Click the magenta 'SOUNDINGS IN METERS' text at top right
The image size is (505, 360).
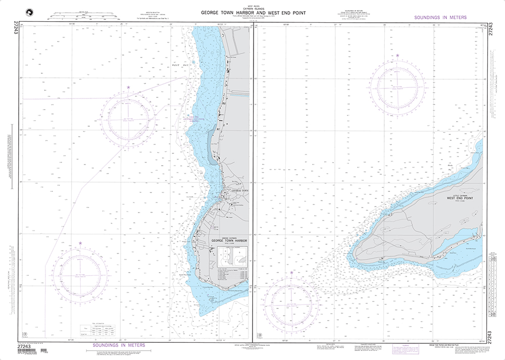pyautogui.click(x=440, y=17)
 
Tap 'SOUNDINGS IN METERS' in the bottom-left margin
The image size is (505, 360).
pyautogui.click(x=119, y=345)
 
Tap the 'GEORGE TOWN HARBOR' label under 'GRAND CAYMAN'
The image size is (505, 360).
pyautogui.click(x=230, y=240)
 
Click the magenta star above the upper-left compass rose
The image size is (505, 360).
pyautogui.click(x=128, y=87)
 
